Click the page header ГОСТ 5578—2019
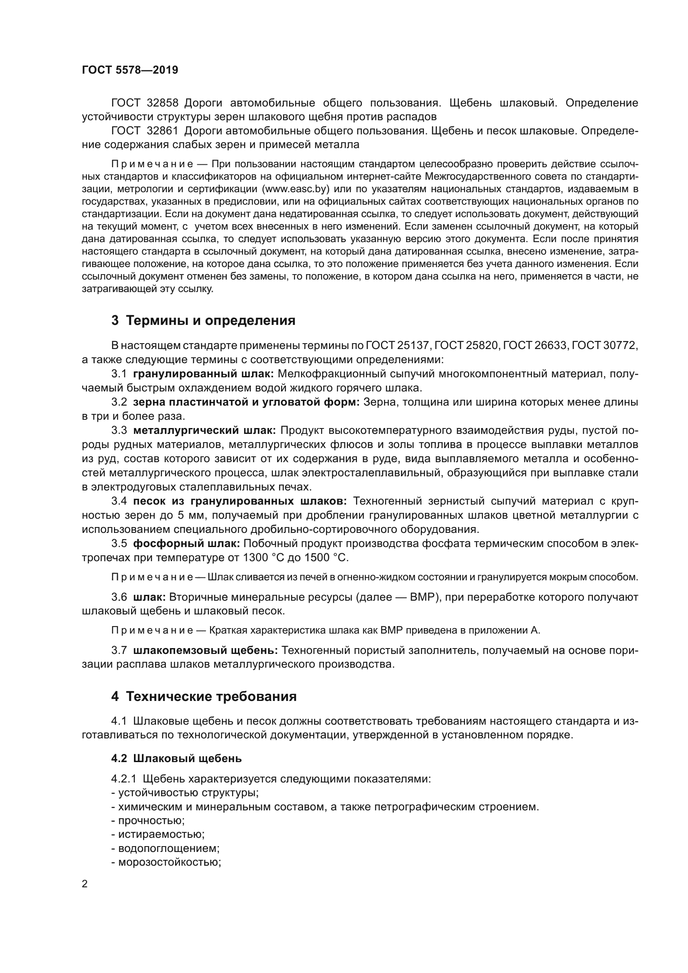[130, 70]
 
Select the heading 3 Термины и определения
[203, 320]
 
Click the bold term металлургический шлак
[204, 431]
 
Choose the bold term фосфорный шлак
[186, 543]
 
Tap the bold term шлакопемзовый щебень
[205, 650]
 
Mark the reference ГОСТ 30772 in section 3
[604, 346]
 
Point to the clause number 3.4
[119, 501]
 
